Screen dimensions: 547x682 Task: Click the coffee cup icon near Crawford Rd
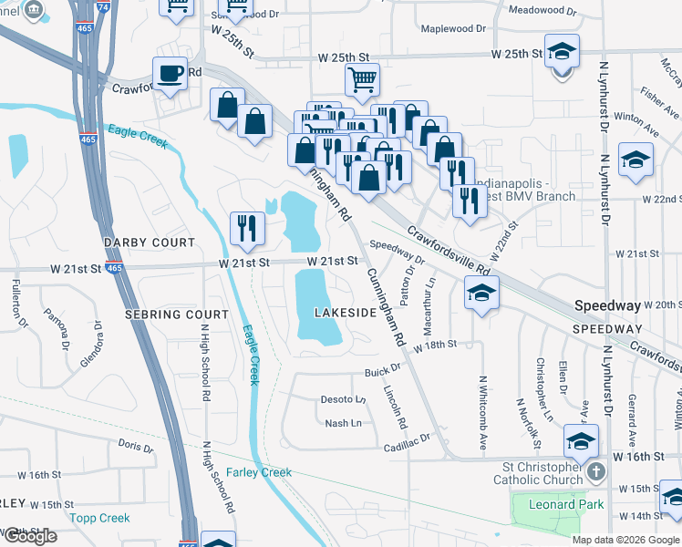pyautogui.click(x=170, y=74)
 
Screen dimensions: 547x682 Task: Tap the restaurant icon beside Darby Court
pyautogui.click(x=246, y=229)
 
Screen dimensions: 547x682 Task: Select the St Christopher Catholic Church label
pyautogui.click(x=538, y=472)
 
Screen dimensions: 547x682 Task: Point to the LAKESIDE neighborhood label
pyautogui.click(x=346, y=313)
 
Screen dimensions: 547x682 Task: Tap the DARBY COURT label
pyautogui.click(x=150, y=243)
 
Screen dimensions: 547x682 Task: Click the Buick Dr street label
pyautogui.click(x=383, y=370)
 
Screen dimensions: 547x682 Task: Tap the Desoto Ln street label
pyautogui.click(x=343, y=399)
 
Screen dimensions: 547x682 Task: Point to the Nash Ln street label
pyautogui.click(x=343, y=423)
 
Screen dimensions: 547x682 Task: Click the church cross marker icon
pyautogui.click(x=596, y=472)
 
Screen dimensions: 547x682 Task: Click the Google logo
pyautogui.click(x=30, y=536)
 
